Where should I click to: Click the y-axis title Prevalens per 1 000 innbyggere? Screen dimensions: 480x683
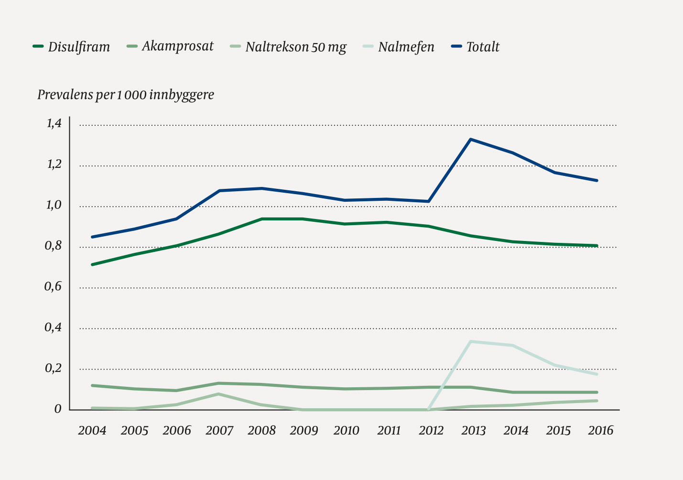point(126,95)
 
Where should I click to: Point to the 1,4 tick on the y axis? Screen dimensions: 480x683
point(54,124)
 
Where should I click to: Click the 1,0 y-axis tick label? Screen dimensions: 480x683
point(54,205)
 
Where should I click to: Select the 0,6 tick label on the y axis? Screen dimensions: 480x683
point(54,286)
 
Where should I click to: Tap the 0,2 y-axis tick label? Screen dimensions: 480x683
point(54,368)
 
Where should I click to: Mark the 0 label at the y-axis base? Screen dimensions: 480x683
point(58,409)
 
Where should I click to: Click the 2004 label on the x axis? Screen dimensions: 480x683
point(92,431)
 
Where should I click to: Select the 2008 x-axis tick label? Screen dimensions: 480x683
point(261,431)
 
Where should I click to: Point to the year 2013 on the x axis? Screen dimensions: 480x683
point(473,431)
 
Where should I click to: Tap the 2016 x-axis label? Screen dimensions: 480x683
point(600,431)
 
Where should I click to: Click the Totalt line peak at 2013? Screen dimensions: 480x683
point(471,139)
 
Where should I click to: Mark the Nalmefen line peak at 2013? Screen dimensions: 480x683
point(471,341)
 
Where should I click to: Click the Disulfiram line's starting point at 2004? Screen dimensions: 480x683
point(92,264)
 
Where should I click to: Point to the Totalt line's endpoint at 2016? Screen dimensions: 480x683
point(597,180)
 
